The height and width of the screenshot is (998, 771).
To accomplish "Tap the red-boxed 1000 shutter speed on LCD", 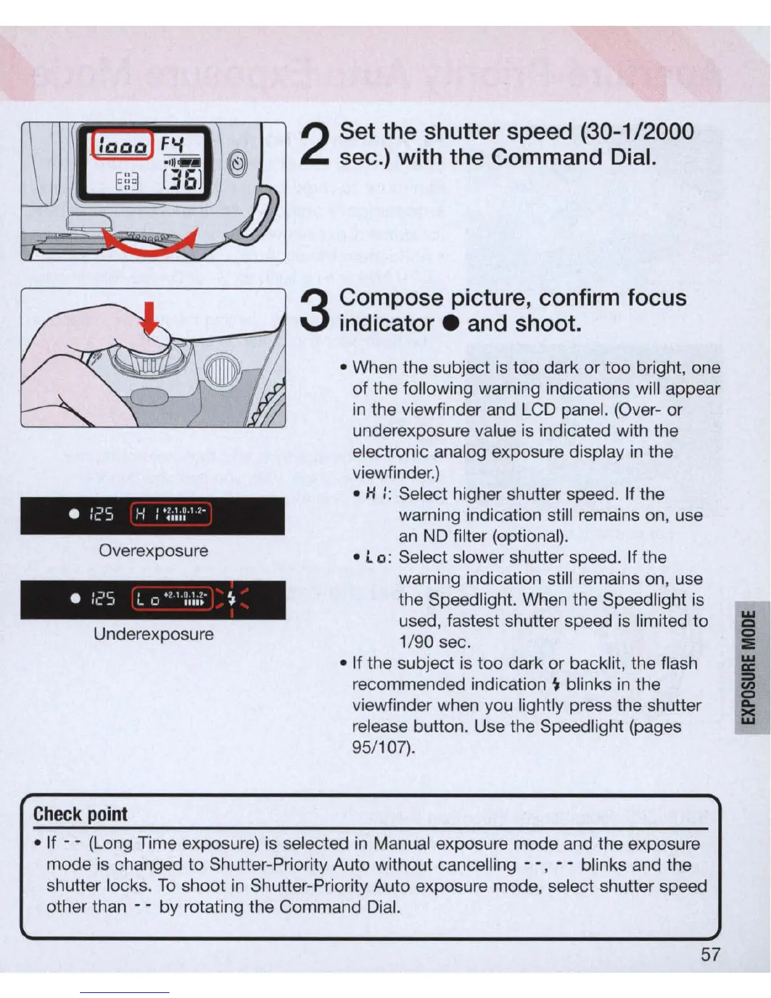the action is (123, 146).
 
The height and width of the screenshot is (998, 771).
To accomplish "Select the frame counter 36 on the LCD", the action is (182, 180).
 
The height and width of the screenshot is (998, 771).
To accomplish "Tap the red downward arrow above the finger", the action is (150, 318).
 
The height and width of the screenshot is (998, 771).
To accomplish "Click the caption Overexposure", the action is (153, 551).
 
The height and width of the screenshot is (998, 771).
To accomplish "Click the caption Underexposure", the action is (153, 634).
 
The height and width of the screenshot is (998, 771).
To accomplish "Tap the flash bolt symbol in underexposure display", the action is (232, 598).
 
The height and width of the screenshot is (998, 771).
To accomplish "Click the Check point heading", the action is (81, 814).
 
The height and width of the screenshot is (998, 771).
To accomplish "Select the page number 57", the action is (711, 955).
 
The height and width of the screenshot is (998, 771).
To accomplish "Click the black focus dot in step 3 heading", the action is (449, 324).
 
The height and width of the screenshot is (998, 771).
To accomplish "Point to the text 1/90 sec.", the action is (435, 642).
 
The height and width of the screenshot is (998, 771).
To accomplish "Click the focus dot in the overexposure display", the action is (74, 514).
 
